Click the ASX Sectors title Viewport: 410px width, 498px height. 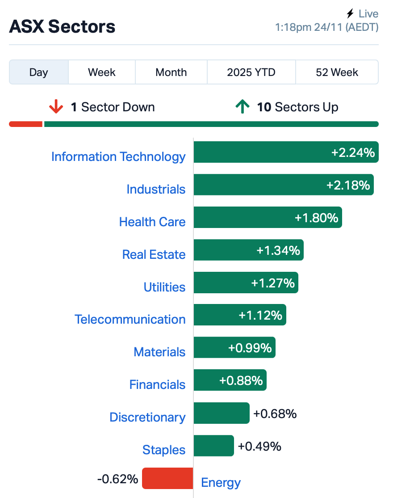point(62,27)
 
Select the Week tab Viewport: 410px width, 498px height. point(102,72)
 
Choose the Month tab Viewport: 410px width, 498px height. point(171,72)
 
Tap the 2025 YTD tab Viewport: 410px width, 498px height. point(251,72)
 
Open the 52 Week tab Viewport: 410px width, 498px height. point(337,72)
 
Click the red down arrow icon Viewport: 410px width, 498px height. point(56,107)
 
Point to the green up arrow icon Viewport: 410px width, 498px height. point(242,107)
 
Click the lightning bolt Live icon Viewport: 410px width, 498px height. point(350,14)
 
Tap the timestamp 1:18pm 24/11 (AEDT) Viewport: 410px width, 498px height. point(326,27)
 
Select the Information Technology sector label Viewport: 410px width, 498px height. point(118,157)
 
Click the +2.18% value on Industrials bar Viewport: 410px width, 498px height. point(348,185)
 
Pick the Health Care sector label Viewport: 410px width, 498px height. point(152,222)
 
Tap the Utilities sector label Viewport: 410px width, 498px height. point(164,287)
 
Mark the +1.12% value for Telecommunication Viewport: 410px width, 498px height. point(260,316)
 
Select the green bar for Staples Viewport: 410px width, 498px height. point(213,446)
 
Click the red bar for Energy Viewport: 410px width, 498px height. point(167,478)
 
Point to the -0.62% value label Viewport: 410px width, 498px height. point(117,479)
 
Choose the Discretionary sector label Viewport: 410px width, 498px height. point(147,418)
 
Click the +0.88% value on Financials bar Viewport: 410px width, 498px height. point(241,380)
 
